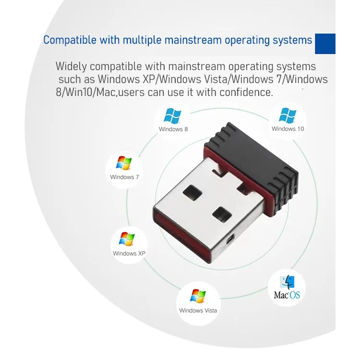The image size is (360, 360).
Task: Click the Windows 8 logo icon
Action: pyautogui.click(x=172, y=116)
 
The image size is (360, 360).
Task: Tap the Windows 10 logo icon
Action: pyautogui.click(x=288, y=115)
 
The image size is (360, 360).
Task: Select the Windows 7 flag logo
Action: pyautogui.click(x=124, y=163)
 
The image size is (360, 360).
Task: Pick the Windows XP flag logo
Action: pyautogui.click(x=127, y=239)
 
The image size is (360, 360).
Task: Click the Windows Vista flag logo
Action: pyautogui.click(x=198, y=296)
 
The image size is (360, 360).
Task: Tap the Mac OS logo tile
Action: pyautogui.click(x=287, y=287)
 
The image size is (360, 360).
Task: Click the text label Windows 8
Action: pyautogui.click(x=173, y=129)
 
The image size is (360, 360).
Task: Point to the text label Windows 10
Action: pyautogui.click(x=288, y=129)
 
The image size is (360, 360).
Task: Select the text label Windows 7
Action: pyautogui.click(x=124, y=177)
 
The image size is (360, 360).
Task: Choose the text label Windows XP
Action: pyautogui.click(x=129, y=253)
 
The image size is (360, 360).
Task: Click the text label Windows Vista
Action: pyautogui.click(x=198, y=311)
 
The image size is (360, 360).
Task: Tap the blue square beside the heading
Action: pyautogui.click(x=325, y=44)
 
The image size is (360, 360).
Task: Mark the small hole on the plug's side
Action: pyautogui.click(x=232, y=239)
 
